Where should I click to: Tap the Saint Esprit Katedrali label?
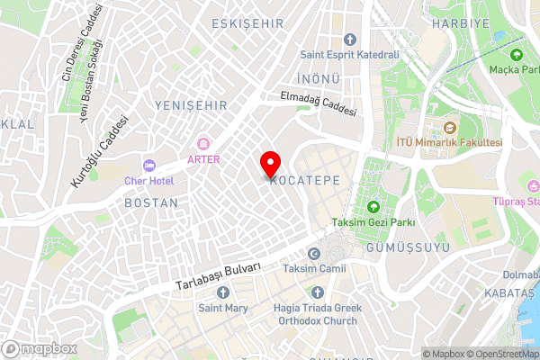pos(349,55)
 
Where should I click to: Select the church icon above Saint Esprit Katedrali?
pos(349,40)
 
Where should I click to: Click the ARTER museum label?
pos(203,159)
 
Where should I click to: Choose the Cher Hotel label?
pos(149,180)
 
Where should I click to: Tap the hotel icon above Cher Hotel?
pos(149,166)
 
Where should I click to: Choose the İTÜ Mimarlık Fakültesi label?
pos(449,143)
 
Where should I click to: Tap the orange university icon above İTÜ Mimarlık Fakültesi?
pos(449,128)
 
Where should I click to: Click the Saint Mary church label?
pos(222,308)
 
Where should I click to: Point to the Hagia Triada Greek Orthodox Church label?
pos(317,313)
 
